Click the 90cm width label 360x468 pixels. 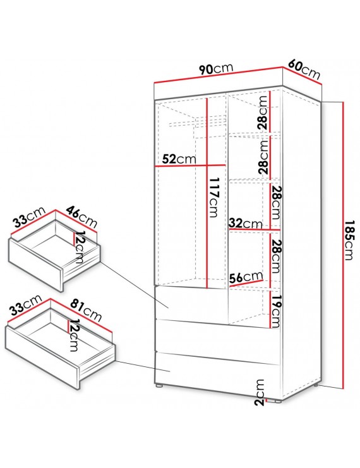pos(216,69)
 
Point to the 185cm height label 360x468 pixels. pos(349,240)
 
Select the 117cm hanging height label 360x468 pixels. pos(213,197)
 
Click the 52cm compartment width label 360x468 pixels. pos(179,159)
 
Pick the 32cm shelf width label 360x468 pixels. pos(246,223)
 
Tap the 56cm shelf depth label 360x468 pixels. pos(246,277)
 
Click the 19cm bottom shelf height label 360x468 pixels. pos(275,311)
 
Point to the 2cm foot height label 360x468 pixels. pos(260,392)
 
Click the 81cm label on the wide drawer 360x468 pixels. pos(87,311)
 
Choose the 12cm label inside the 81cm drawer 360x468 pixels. pos(74,335)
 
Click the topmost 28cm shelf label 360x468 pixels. pos(263,112)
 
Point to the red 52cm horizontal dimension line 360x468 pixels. pos(190,165)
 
